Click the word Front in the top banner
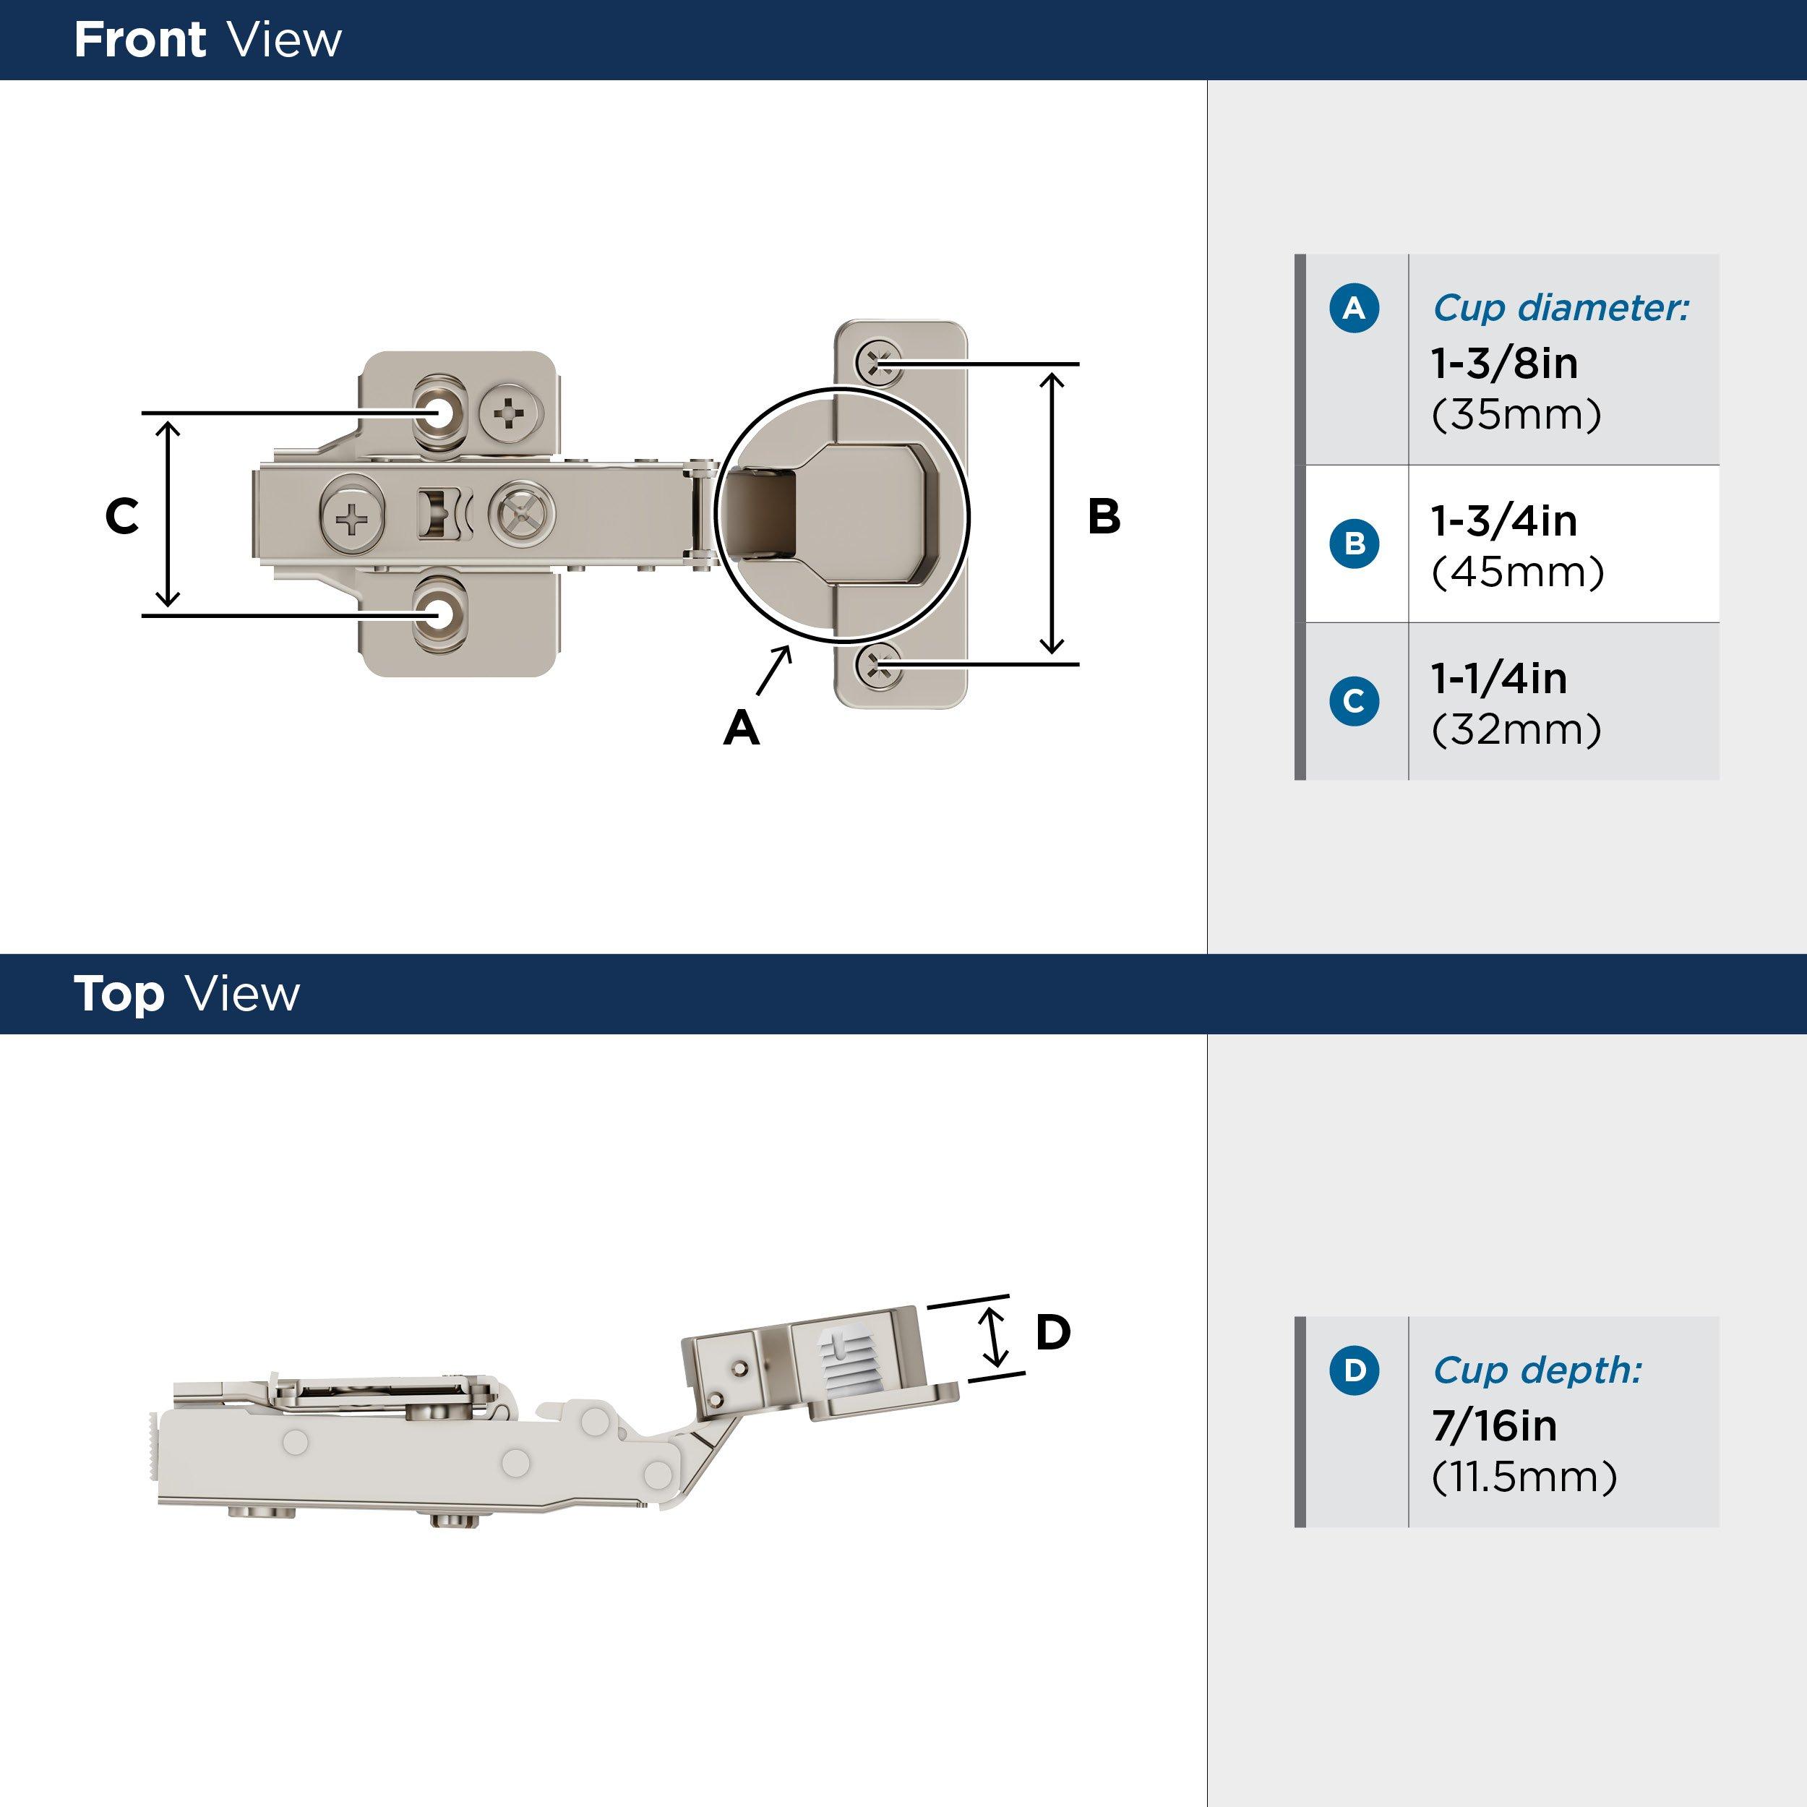click(x=140, y=40)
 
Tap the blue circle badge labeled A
click(x=1353, y=308)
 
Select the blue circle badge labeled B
click(x=1353, y=544)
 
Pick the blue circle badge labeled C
click(x=1353, y=700)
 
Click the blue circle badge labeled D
click(x=1353, y=1370)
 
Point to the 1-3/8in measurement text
click(x=1504, y=363)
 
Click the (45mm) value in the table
click(x=1517, y=572)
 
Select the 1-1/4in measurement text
click(x=1498, y=678)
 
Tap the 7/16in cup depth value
click(x=1494, y=1425)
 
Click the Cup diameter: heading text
click(x=1560, y=308)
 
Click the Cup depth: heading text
click(x=1537, y=1370)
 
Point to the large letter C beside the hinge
click(x=121, y=515)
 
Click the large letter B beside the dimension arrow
click(x=1104, y=515)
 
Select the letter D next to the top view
click(x=1052, y=1332)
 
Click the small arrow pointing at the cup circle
click(x=773, y=671)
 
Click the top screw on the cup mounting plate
click(x=879, y=363)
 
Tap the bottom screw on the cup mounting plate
click(x=879, y=665)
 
